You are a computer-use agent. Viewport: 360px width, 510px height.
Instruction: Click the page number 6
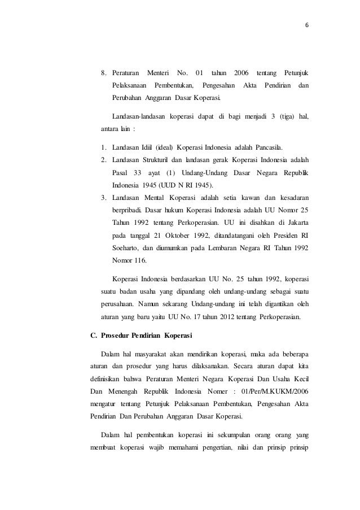(308, 25)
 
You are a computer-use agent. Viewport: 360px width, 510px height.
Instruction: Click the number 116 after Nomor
(138, 261)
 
